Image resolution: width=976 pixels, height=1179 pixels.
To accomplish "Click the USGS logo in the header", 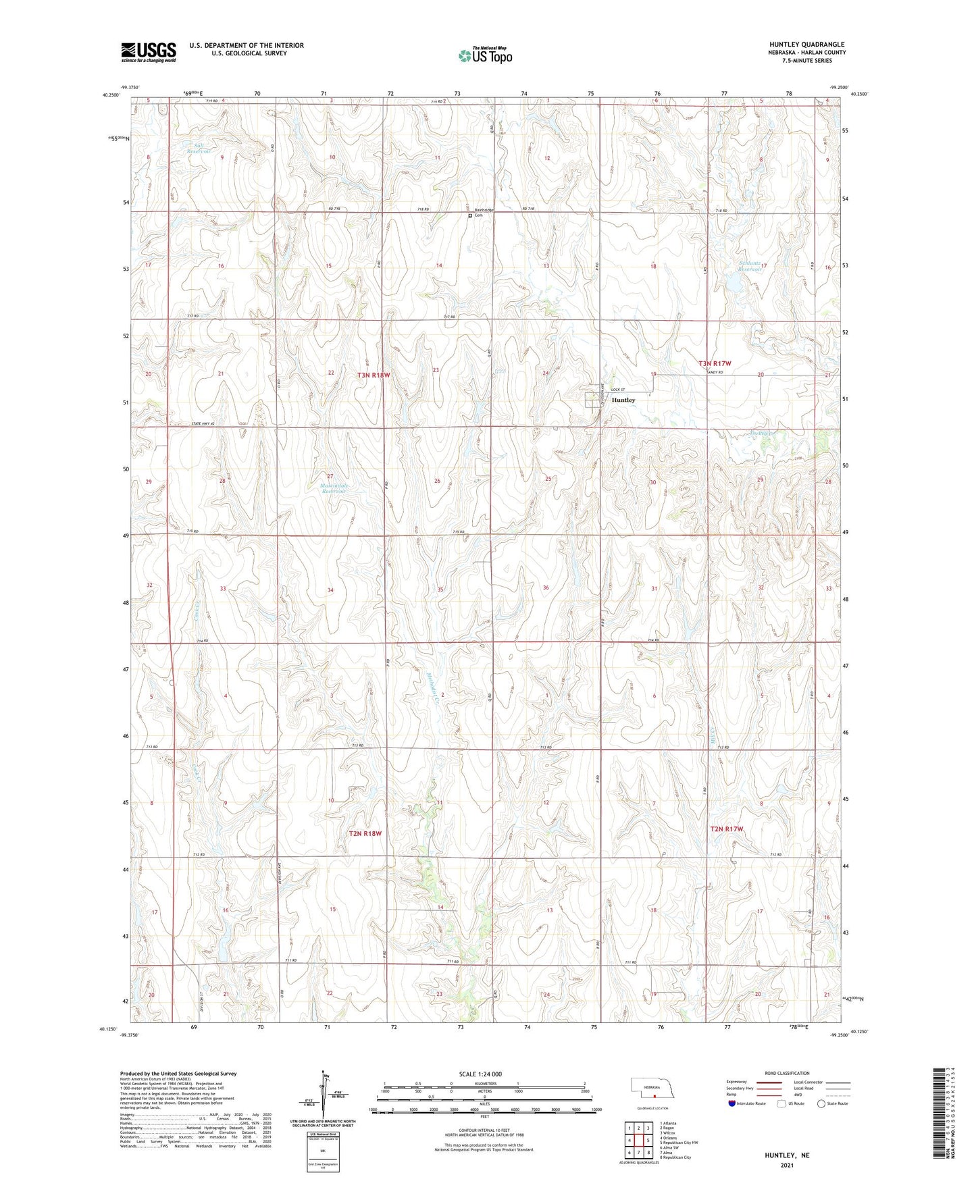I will pyautogui.click(x=149, y=52).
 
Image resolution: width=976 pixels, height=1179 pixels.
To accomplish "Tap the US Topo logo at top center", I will pyautogui.click(x=485, y=55).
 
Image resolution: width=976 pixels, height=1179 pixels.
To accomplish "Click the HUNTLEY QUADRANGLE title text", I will pyautogui.click(x=806, y=45).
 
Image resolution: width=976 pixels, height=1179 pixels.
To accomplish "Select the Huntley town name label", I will pyautogui.click(x=623, y=400).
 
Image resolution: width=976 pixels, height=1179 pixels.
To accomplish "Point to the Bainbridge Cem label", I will pyautogui.click(x=484, y=213).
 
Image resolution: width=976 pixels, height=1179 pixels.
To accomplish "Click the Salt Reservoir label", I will pyautogui.click(x=199, y=149).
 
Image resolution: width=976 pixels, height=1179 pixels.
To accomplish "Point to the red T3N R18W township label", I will pyautogui.click(x=374, y=375).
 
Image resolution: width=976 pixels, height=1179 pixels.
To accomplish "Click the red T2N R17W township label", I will pyautogui.click(x=727, y=829).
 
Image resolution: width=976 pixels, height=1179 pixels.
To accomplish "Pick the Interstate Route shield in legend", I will pyautogui.click(x=733, y=1103).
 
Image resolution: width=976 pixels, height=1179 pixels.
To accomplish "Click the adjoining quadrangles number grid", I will pyautogui.click(x=638, y=1141).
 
